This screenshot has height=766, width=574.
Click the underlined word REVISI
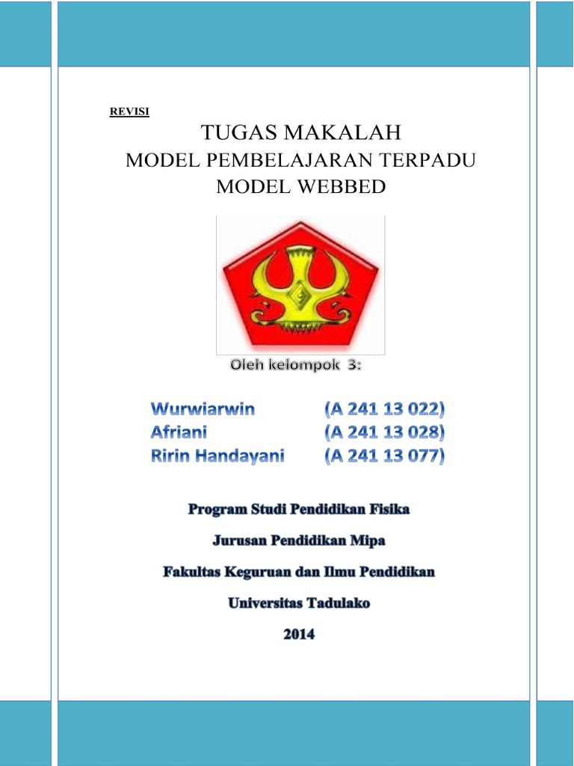[129, 112]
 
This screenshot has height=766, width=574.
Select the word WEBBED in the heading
[349, 187]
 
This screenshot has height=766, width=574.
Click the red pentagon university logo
[300, 284]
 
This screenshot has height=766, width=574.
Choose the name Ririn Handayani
[218, 455]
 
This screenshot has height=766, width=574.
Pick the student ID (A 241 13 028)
[384, 432]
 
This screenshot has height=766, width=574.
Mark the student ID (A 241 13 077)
[384, 455]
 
